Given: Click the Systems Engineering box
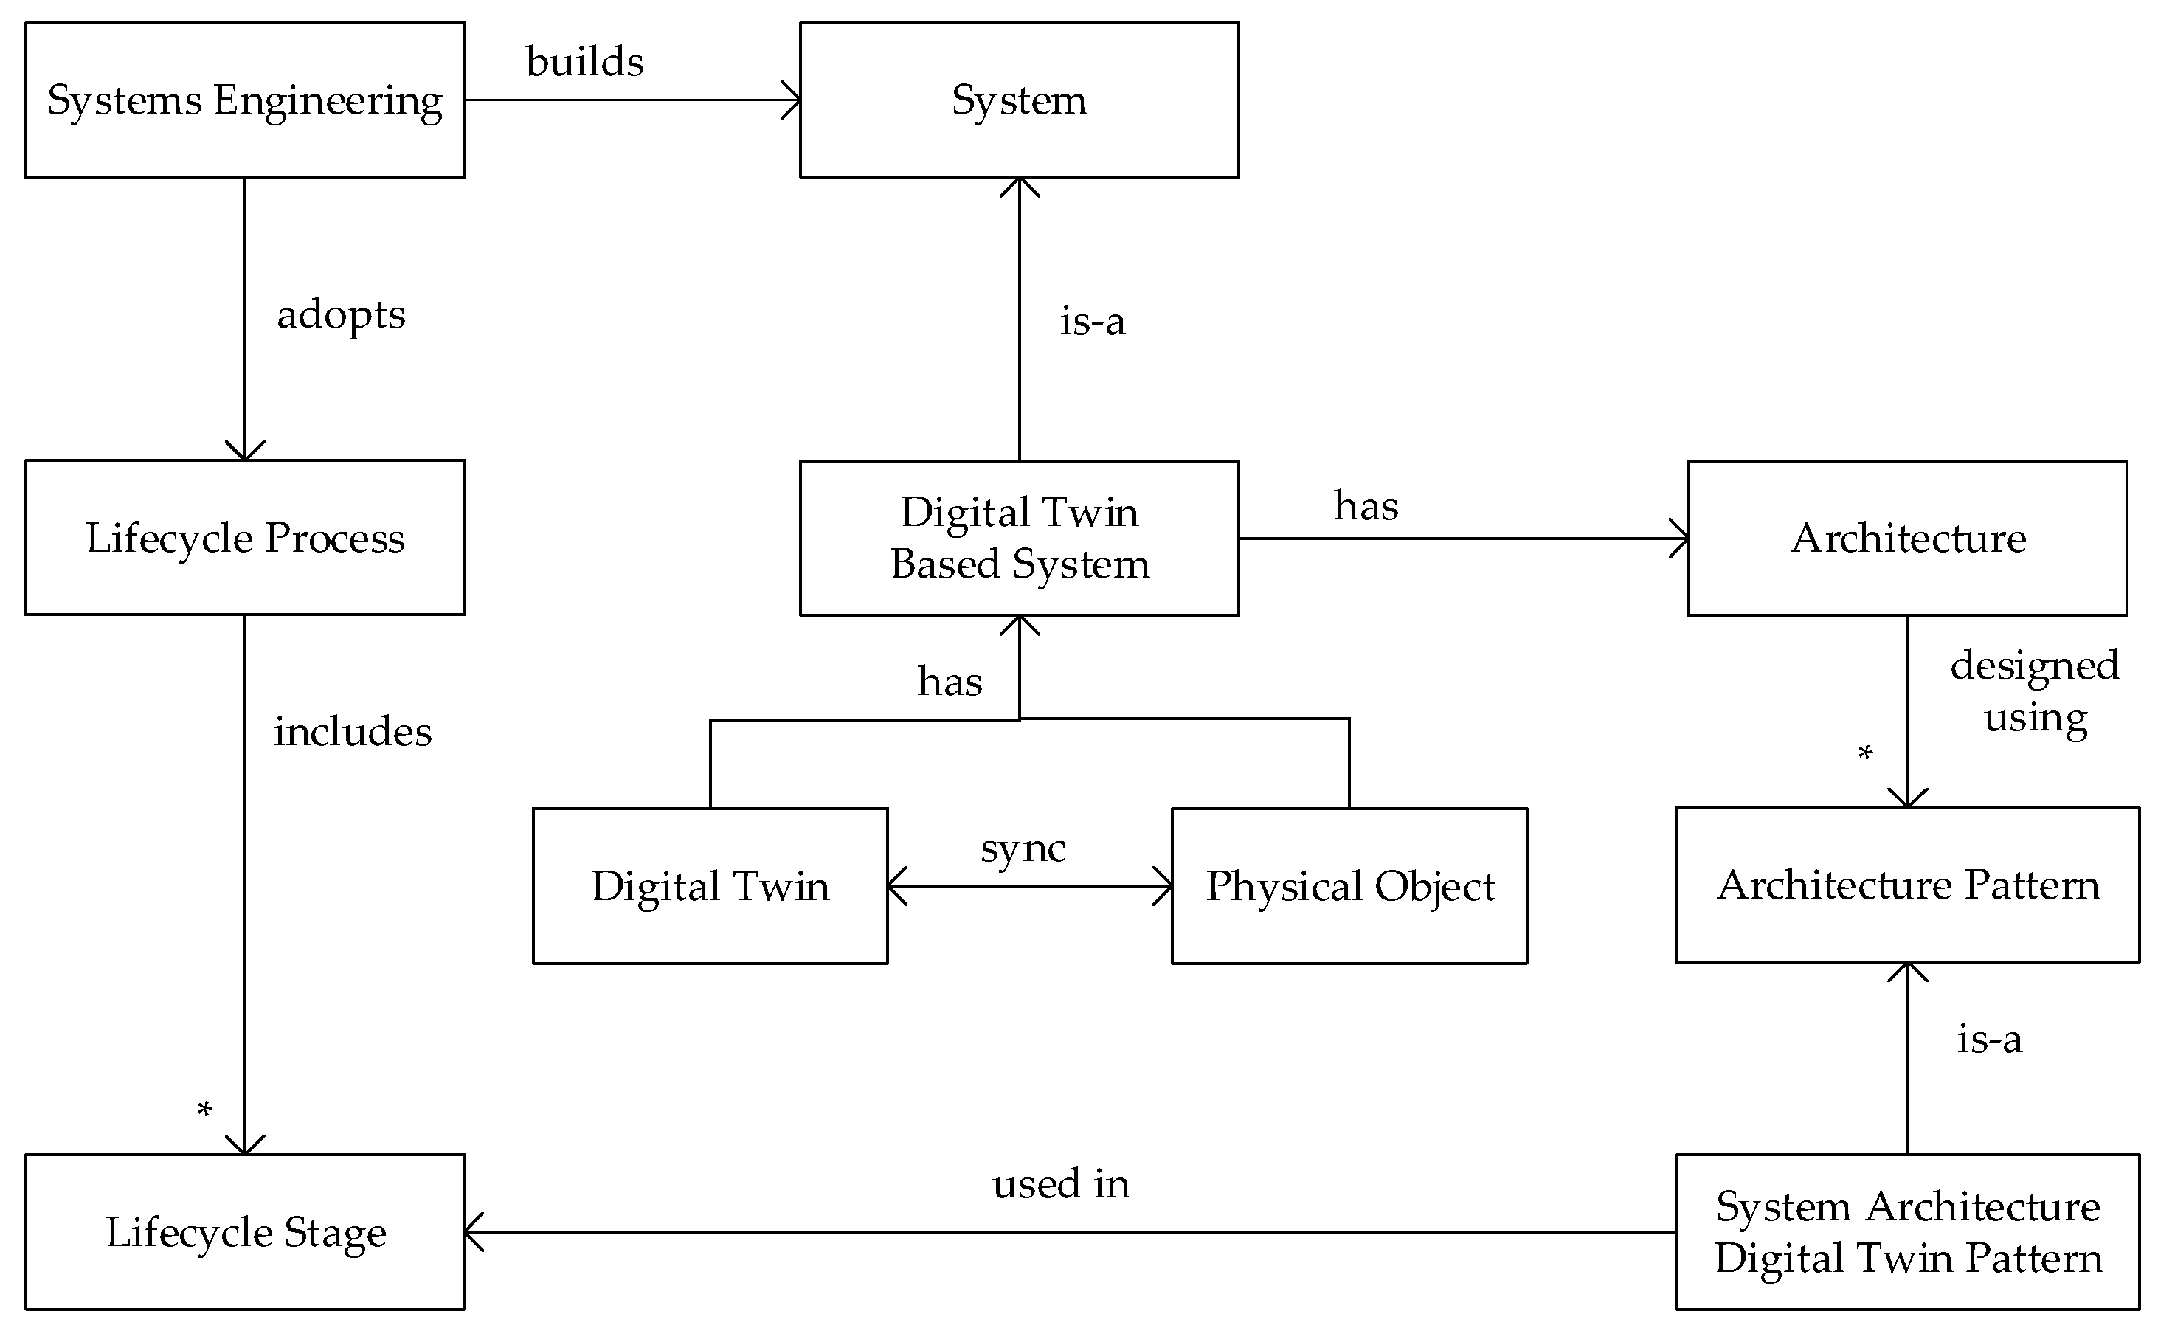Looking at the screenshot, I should (244, 100).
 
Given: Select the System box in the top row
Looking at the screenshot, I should (1019, 100).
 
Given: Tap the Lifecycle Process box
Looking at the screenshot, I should (244, 538).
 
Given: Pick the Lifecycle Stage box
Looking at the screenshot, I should (244, 1231).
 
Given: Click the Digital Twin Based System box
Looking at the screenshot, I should (1019, 538).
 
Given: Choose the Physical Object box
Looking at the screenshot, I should (1349, 885).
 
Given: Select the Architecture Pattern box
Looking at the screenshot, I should (1908, 885).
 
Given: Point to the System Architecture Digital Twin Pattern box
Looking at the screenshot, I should (1908, 1231).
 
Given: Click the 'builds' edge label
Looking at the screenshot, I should (584, 61).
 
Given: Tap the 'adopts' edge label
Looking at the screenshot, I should (341, 314).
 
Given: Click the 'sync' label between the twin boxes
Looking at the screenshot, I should (1023, 848).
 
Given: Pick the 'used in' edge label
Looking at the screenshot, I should (1060, 1184).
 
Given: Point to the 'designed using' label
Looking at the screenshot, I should (2034, 691).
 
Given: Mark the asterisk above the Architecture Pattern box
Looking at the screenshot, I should (1864, 753).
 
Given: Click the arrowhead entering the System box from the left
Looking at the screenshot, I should (792, 100).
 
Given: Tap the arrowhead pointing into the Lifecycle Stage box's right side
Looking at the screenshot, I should (472, 1231).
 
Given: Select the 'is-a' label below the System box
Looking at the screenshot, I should (1092, 322).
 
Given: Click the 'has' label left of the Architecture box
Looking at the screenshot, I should (1365, 506).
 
